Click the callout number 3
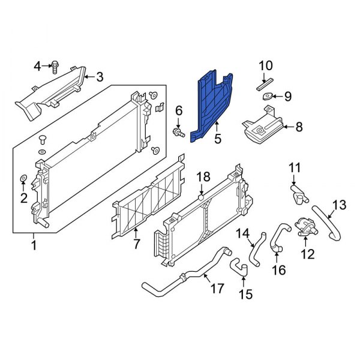pos(100,76)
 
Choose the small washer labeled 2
pos(23,178)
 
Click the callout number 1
pos(34,245)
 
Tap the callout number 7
pos(136,244)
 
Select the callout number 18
pos(203,176)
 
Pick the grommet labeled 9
pos(268,97)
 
